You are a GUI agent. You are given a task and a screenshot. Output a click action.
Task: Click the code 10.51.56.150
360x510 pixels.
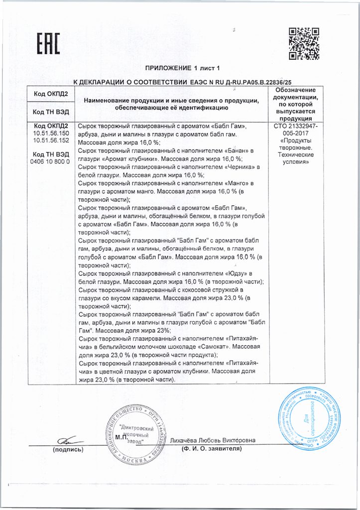51,135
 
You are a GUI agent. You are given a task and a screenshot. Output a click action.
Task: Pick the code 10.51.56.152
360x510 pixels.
51,141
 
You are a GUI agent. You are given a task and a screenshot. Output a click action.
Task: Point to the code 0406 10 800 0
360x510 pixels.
51,162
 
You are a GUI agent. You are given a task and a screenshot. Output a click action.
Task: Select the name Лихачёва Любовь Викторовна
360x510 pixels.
213,440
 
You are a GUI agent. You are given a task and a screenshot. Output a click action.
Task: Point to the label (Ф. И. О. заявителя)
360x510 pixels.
212,449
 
